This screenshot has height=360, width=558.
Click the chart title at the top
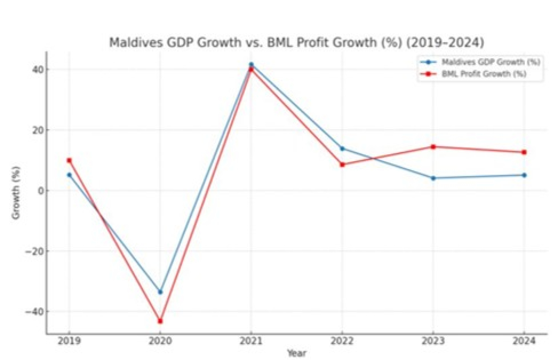pyautogui.click(x=296, y=42)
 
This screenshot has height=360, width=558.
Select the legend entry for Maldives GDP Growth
pyautogui.click(x=490, y=62)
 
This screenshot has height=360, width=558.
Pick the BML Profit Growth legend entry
pyautogui.click(x=484, y=74)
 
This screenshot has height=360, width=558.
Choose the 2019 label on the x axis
pyautogui.click(x=69, y=341)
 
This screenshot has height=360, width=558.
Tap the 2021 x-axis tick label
pyautogui.click(x=251, y=341)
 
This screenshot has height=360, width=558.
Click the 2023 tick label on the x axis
pyautogui.click(x=433, y=341)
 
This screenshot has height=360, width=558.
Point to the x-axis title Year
pyautogui.click(x=296, y=353)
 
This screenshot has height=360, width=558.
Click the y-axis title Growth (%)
pyautogui.click(x=16, y=193)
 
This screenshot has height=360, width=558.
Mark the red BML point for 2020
pyautogui.click(x=160, y=321)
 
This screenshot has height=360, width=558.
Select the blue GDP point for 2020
pyautogui.click(x=160, y=292)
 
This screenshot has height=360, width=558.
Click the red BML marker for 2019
pyautogui.click(x=69, y=160)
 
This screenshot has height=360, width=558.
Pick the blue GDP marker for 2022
pyautogui.click(x=342, y=148)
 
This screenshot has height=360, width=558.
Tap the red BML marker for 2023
pyautogui.click(x=433, y=147)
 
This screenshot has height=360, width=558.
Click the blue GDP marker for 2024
pyautogui.click(x=524, y=175)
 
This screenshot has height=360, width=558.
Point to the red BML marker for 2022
pyautogui.click(x=342, y=164)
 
